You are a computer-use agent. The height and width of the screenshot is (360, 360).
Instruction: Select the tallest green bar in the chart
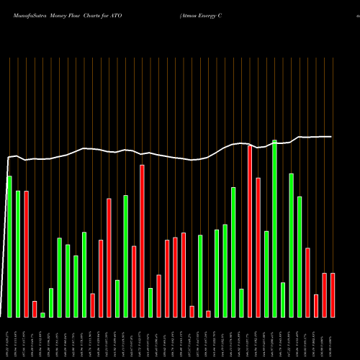(x=274, y=228)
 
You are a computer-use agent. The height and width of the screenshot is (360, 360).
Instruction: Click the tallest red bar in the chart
(x=250, y=231)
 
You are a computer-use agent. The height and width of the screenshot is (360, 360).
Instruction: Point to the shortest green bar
(x=42, y=315)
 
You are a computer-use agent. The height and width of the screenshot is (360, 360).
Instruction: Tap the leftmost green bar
(x=9, y=246)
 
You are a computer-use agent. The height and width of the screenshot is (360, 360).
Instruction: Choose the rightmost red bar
(x=333, y=295)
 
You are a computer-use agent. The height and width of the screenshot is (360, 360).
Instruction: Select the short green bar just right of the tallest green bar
(x=283, y=300)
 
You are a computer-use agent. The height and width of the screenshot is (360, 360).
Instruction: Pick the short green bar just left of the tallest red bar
(x=241, y=302)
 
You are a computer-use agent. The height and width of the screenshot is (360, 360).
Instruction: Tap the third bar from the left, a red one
(x=26, y=254)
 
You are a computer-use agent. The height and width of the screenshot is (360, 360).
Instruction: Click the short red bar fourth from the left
(x=35, y=309)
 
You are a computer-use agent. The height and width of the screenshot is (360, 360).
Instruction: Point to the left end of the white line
(x=7, y=157)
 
